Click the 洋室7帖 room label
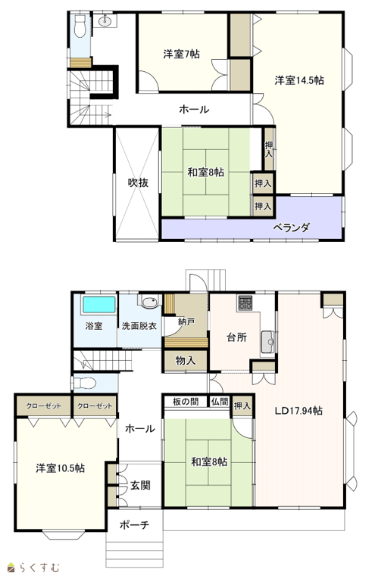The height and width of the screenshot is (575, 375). coord(182,54)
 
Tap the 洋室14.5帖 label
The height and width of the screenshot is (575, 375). coord(299,80)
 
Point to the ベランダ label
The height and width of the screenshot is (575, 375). coord(291,228)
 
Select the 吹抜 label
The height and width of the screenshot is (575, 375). coord(138,182)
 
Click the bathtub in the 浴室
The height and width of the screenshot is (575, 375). coord(99,305)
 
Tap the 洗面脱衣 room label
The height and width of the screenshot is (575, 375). coord(139,325)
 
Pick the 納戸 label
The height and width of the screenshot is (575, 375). coord(186,322)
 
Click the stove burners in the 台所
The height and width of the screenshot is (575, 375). coord(245,303)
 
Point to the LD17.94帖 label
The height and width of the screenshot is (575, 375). coord(298,411)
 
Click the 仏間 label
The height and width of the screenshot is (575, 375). coord(220,402)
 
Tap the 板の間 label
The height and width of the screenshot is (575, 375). coord(186,402)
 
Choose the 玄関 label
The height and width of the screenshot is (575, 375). coord(140,486)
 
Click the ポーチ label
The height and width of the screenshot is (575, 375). coord(134,525)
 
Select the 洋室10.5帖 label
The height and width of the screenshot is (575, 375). coord(61,468)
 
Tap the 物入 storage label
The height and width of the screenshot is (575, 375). coord(186,361)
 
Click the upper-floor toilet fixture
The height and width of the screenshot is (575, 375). coord(80,27)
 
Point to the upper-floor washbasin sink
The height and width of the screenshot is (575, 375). coord(105,20)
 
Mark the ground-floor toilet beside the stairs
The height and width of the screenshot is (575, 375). coord(85,384)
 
